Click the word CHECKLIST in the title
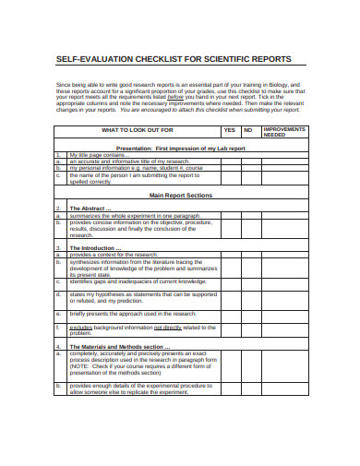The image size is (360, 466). [x=159, y=58]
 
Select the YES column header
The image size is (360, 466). [x=230, y=131]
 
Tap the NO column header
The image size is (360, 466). [x=248, y=131]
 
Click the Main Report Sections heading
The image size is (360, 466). [x=181, y=196]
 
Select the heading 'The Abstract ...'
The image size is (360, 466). [x=93, y=209]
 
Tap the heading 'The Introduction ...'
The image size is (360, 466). [x=97, y=247]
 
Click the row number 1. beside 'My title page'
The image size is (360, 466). [x=57, y=154]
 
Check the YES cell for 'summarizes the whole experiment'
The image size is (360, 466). [x=230, y=216]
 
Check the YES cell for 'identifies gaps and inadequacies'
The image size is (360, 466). [x=230, y=281]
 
